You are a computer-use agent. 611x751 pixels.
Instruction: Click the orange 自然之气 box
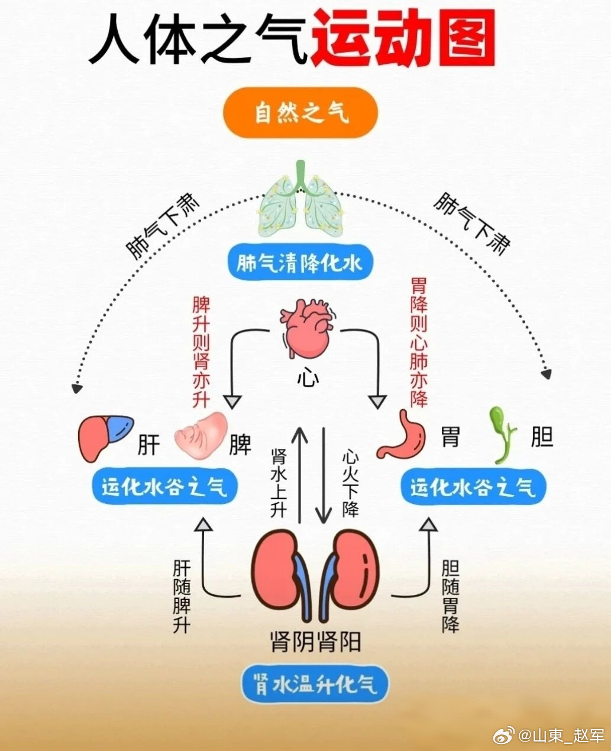[300, 112]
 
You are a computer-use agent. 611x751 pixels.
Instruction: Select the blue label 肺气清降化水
[300, 262]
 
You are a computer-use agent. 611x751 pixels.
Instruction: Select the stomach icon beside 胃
[403, 435]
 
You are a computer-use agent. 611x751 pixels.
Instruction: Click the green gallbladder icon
[502, 434]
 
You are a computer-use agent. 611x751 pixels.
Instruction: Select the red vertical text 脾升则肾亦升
[201, 352]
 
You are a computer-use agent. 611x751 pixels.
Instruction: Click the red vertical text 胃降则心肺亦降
[419, 343]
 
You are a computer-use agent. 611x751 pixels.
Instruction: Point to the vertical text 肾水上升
[278, 483]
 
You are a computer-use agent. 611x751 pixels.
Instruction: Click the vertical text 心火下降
[350, 483]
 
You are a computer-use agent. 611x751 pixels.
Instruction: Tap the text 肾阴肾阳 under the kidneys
[315, 641]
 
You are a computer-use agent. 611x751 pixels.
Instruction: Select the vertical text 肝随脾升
[181, 597]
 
